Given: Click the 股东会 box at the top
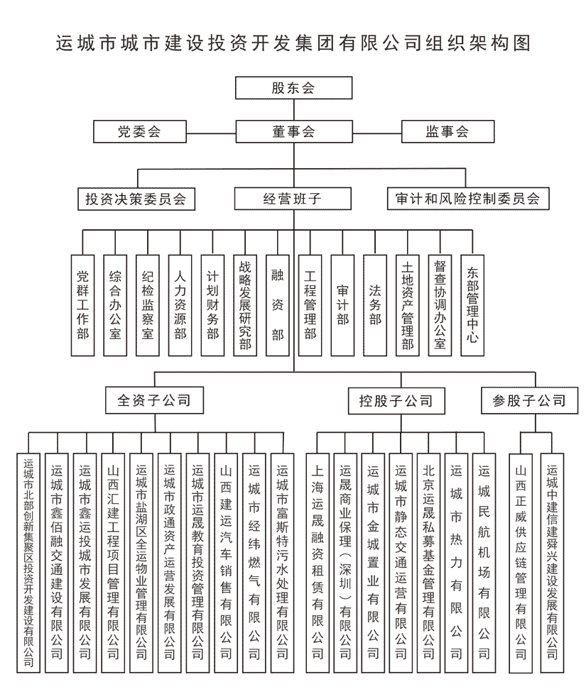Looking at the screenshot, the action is (x=293, y=88).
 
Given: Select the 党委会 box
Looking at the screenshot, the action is (x=140, y=131).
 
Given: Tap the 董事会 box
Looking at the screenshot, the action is (x=294, y=131).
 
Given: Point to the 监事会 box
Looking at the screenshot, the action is (x=447, y=131).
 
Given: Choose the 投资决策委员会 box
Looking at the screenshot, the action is (x=136, y=199).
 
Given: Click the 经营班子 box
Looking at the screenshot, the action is (x=293, y=199).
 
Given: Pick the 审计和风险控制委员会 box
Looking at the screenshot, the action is (x=468, y=199).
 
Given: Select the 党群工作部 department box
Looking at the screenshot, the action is (x=83, y=305).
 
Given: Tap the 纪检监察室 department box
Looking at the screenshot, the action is (x=148, y=305).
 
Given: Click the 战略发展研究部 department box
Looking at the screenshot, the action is (x=245, y=305).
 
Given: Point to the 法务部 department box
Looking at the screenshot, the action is (x=375, y=305).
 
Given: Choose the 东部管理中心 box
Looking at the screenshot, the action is (x=472, y=305).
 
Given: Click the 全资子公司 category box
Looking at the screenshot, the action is (x=154, y=400).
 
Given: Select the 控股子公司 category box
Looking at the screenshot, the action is (x=396, y=400).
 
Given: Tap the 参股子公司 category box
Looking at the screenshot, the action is (x=529, y=400).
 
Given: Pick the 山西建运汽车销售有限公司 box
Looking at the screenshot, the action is (x=226, y=563).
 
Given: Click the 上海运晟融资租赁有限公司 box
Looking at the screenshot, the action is (x=318, y=563).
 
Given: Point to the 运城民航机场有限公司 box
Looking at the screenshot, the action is (x=484, y=563).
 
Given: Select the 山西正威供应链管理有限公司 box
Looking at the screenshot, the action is (x=521, y=563).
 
